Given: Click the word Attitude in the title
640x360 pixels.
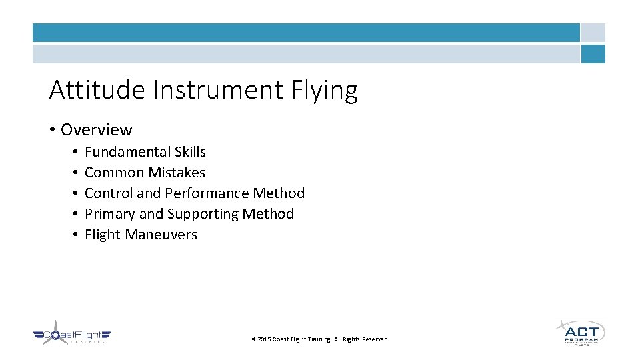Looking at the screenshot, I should tap(97, 90).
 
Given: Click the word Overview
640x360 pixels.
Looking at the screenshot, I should tap(97, 129).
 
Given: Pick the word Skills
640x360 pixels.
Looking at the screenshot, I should tap(190, 152).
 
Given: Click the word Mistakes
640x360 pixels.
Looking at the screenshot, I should tap(177, 173).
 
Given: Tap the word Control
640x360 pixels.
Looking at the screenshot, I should tap(108, 193).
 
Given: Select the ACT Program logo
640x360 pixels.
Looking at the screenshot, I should tap(581, 331).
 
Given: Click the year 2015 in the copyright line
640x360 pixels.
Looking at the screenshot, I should tap(265, 339).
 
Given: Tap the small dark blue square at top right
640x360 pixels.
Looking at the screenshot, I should tap(593, 54).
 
